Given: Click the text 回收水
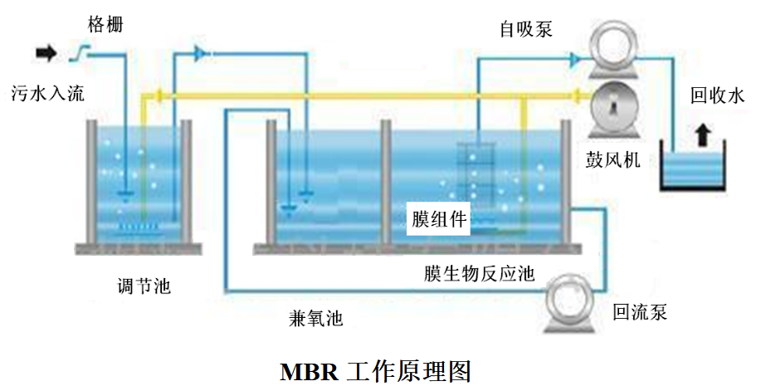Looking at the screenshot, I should (718, 95).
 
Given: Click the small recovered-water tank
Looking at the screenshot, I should (693, 172).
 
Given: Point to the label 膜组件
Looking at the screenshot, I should (440, 220).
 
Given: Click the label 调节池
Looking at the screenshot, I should (144, 287).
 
